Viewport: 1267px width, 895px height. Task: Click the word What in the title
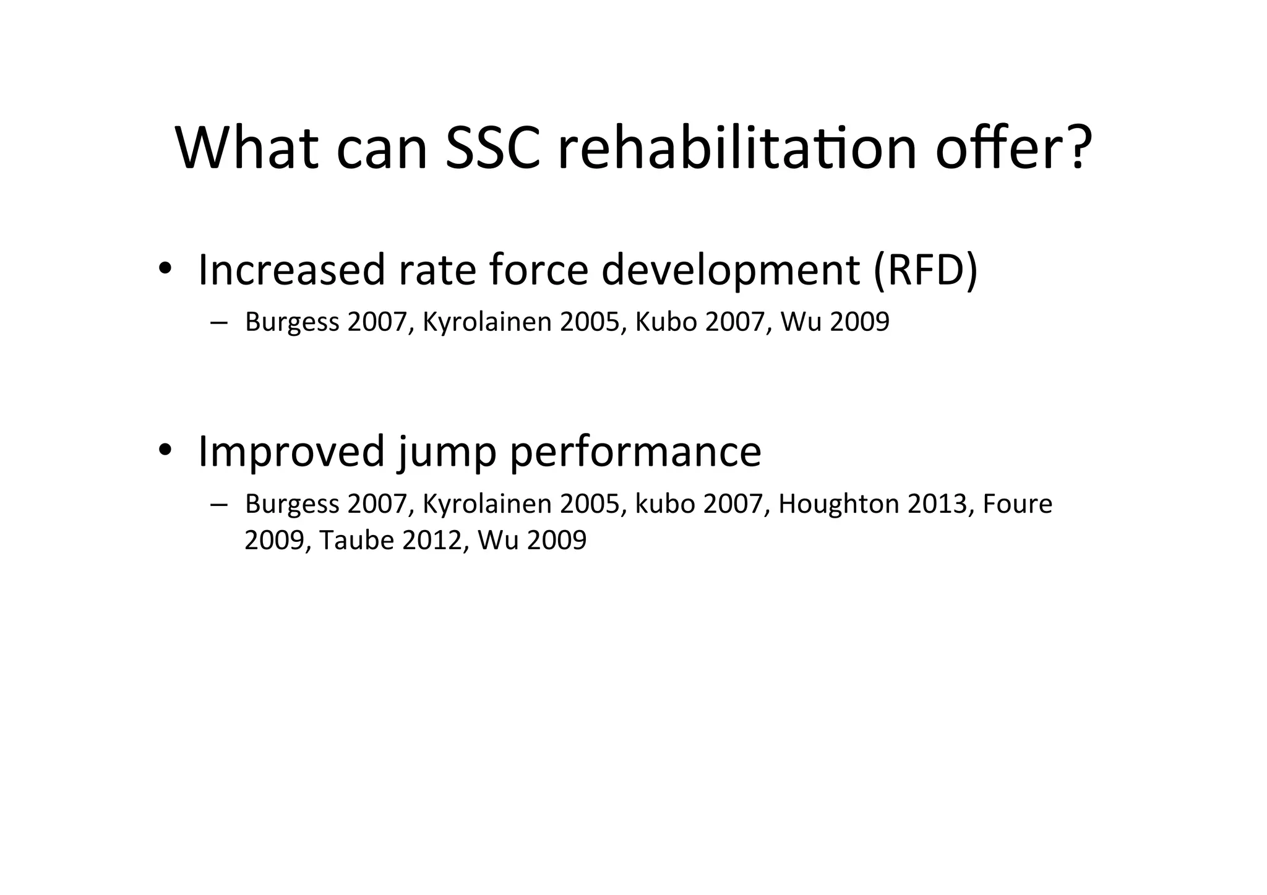point(247,148)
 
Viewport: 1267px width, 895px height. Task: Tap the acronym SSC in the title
point(493,148)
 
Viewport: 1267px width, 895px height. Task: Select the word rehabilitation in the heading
point(737,148)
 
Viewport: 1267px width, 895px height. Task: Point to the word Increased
point(291,270)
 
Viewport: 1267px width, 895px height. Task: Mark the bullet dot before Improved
point(164,450)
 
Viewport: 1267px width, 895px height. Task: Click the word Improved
point(291,452)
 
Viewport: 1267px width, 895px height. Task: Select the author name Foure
point(1017,504)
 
